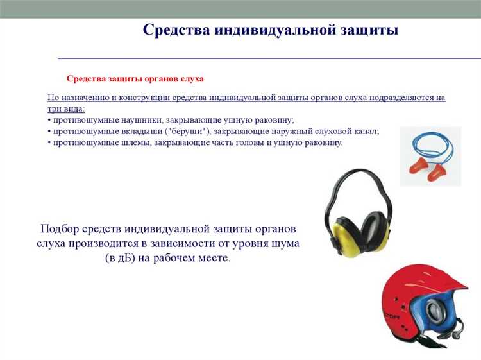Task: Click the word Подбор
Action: tap(61, 229)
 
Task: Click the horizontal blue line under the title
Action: tap(269, 58)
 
